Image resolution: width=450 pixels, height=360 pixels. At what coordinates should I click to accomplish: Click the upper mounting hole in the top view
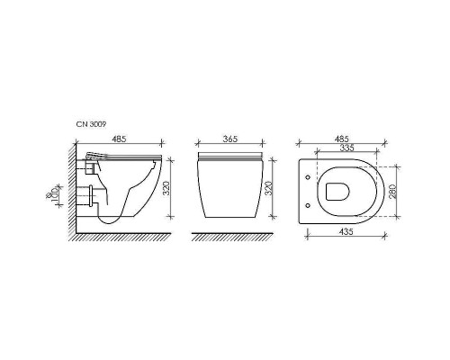click(309, 178)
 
